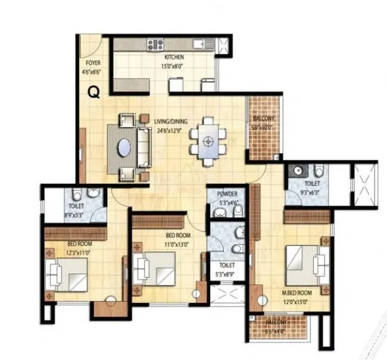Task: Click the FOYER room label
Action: pos(92,62)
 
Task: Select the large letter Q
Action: pos(93,92)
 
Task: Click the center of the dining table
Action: pos(207,142)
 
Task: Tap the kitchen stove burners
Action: pos(155,44)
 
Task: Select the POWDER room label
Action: pos(227,194)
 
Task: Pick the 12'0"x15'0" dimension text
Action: pos(296,301)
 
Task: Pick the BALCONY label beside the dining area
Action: pos(262,119)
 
